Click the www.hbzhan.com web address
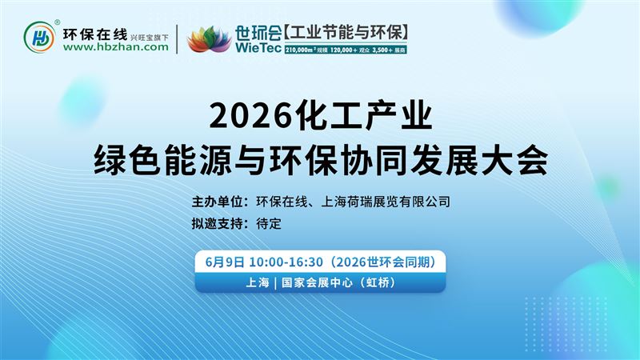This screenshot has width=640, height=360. click(x=115, y=47)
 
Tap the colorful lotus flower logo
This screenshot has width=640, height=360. click(x=207, y=38)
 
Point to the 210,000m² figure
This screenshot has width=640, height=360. click(x=305, y=49)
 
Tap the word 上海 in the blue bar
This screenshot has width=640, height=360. click(x=257, y=283)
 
